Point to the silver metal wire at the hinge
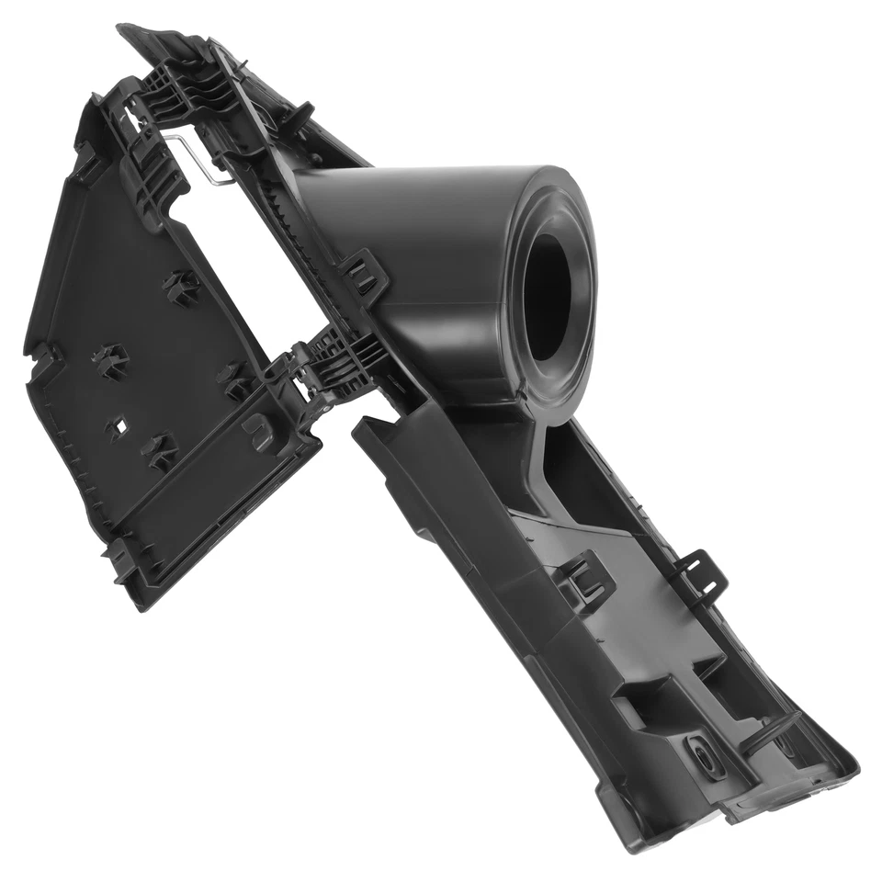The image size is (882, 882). (x=204, y=158)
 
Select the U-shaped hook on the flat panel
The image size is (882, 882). (x=258, y=430)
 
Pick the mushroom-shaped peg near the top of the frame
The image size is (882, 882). (x=296, y=117)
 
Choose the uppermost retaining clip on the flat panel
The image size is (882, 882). (x=181, y=287)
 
